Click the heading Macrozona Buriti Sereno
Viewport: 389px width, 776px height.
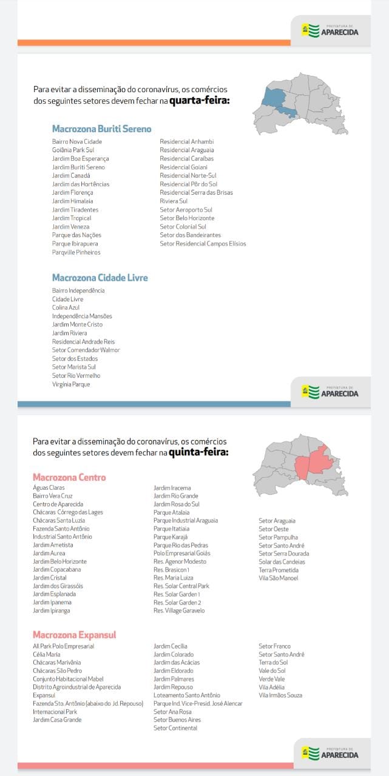click(x=101, y=129)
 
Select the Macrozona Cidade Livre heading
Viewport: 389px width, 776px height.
click(x=100, y=278)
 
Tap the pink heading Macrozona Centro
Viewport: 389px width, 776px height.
click(x=69, y=477)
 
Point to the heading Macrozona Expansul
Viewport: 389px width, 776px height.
click(x=74, y=635)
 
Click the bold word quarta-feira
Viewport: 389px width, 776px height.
click(x=199, y=101)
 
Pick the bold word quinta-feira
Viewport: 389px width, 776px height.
click(x=198, y=452)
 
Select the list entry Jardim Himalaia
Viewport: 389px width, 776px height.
click(x=72, y=201)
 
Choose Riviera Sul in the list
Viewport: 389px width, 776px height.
click(x=174, y=201)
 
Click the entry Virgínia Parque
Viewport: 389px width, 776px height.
click(x=71, y=384)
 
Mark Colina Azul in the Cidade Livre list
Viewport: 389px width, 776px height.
click(x=66, y=307)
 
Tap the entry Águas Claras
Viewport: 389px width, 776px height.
click(x=49, y=487)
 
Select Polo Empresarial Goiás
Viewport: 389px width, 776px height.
click(x=181, y=553)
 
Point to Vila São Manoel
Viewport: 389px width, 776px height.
click(x=278, y=578)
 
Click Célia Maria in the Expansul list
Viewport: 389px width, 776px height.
click(x=46, y=654)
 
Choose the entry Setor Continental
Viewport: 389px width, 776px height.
click(x=175, y=728)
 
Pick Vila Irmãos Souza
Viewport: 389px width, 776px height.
click(x=280, y=695)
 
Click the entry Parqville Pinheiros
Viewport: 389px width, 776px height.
click(x=76, y=252)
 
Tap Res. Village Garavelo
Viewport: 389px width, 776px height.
click(x=178, y=610)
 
